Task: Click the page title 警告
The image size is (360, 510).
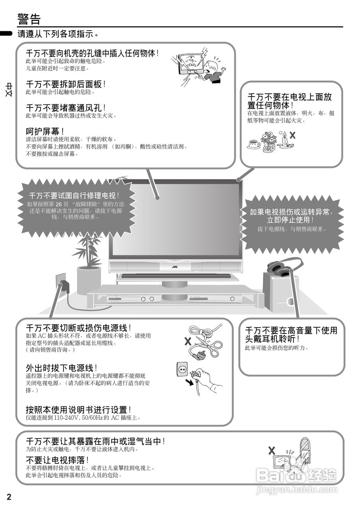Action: tap(29, 19)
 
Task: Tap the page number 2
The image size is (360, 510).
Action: tap(9, 496)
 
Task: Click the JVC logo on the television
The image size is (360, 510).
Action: tap(174, 267)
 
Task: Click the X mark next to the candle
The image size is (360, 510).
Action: tap(293, 135)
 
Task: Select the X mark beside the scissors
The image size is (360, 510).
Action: tap(188, 341)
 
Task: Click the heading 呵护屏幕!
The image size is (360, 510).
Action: tap(45, 131)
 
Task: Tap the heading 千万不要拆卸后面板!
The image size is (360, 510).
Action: tap(66, 84)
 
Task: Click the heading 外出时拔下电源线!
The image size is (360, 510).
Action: tap(61, 367)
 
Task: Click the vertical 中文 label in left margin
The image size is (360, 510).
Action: tap(9, 90)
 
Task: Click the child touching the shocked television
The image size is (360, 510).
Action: tap(214, 70)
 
